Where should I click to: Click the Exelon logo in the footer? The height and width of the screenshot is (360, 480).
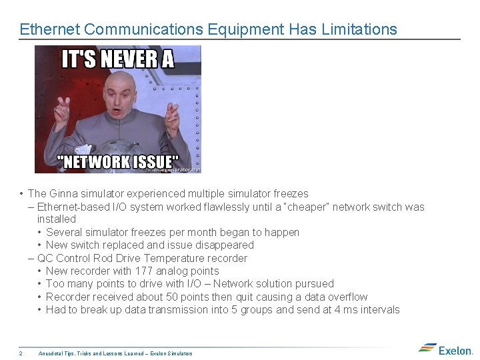pyautogui.click(x=446, y=349)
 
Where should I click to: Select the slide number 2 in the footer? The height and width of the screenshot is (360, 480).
pyautogui.click(x=21, y=353)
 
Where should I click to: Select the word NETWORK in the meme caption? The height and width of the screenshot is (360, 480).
pyautogui.click(x=97, y=162)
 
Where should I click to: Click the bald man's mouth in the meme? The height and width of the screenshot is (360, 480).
pyautogui.click(x=117, y=112)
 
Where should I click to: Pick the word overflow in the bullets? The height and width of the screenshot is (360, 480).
pyautogui.click(x=345, y=297)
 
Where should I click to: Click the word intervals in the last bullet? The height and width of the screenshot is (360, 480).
pyautogui.click(x=379, y=309)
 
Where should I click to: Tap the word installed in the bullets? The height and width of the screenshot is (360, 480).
pyautogui.click(x=57, y=219)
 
